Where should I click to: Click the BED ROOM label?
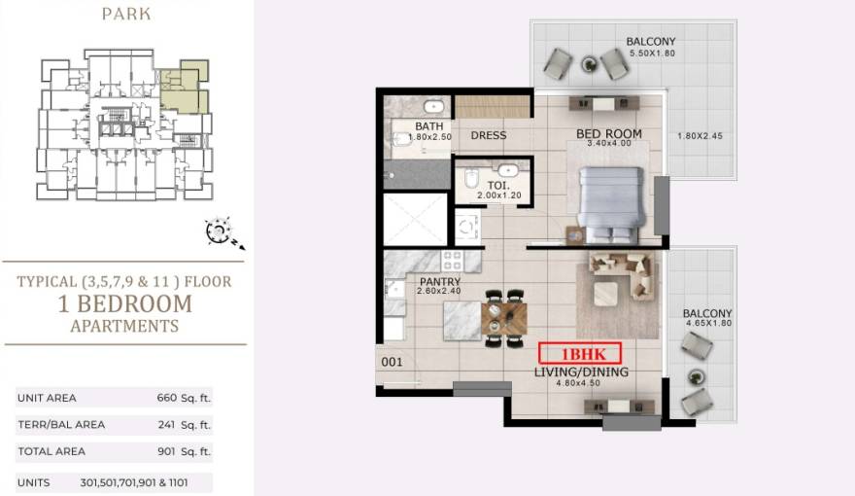coord(609,133)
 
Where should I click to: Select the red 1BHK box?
coord(580,354)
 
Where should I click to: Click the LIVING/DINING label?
coord(581,372)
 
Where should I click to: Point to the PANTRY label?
coord(440,282)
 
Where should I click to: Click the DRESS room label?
coord(489,135)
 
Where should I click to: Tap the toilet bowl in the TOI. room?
coord(471,178)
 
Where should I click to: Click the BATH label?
coord(429,126)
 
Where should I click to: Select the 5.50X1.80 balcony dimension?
coord(652,53)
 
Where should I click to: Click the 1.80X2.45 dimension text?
coord(701,136)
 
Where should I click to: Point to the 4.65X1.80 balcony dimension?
coord(709,323)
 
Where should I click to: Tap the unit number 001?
coord(393,362)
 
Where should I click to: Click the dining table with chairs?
coord(504,318)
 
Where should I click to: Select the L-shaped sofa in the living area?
coord(623,276)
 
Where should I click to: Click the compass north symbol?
coord(221,231)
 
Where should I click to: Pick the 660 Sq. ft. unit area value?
coord(184,398)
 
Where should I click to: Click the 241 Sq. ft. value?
coord(185,425)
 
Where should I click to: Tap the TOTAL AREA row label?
coord(51,451)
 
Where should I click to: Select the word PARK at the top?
coord(126,14)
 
